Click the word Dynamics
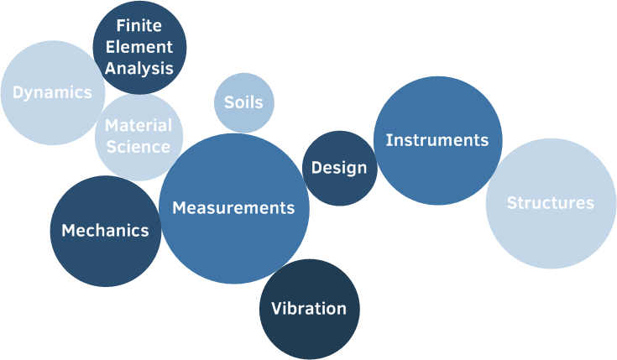[52, 92]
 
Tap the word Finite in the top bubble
[139, 25]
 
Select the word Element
[139, 47]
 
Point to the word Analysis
[139, 68]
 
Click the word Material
[139, 126]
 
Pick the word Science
[139, 147]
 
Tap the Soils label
[243, 102]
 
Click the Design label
[339, 167]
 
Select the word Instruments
[437, 140]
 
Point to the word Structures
[551, 203]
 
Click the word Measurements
[233, 207]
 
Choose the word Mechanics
[105, 230]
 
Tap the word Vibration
[309, 308]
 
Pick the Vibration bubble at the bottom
[309, 331]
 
